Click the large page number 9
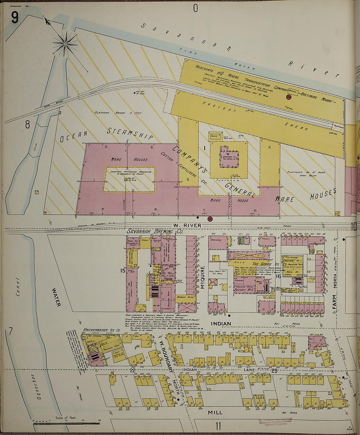point(15,17)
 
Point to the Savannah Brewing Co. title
point(155,232)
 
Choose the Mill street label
point(215,412)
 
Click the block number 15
point(122,271)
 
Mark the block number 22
point(132,370)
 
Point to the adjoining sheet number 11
point(218,426)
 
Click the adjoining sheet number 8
point(27,124)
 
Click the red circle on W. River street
point(210,219)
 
